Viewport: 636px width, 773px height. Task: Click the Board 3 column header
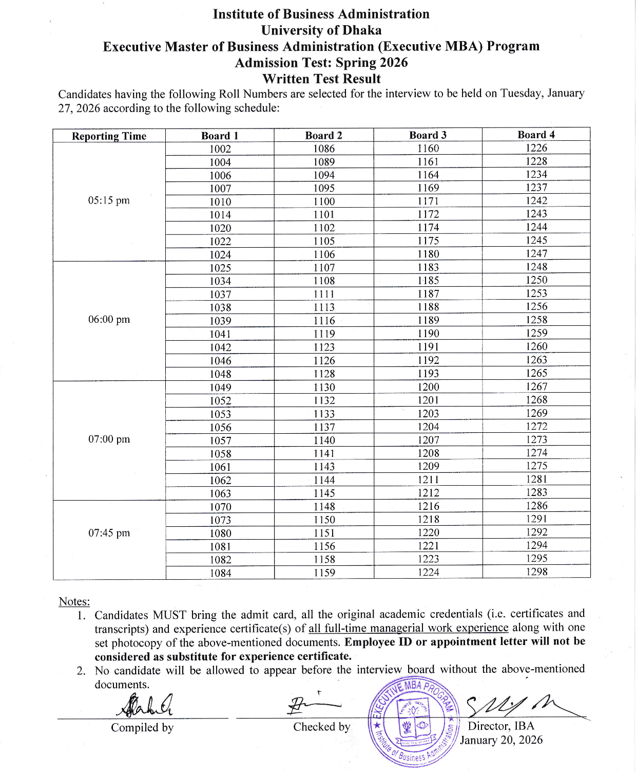point(428,135)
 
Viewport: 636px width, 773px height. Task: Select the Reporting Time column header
point(109,136)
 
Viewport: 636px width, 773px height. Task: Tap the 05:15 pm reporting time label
point(109,200)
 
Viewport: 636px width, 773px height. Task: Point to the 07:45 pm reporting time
point(109,533)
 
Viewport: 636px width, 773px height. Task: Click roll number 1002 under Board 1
point(220,149)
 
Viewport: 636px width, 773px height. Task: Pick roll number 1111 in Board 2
point(324,294)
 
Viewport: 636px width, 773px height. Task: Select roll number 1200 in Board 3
point(428,387)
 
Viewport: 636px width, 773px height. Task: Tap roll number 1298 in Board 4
point(536,572)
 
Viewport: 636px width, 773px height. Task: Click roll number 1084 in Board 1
point(220,573)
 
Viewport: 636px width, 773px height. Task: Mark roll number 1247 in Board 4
point(536,253)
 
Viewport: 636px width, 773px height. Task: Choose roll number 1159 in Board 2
point(324,573)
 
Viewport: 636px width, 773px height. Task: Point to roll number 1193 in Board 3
point(428,374)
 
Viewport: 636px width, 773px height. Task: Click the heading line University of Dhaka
point(321,30)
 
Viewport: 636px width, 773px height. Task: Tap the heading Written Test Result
point(321,79)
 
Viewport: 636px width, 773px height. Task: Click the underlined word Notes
point(74,602)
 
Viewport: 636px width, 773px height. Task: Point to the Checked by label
point(322,727)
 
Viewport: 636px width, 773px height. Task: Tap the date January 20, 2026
point(501,740)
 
